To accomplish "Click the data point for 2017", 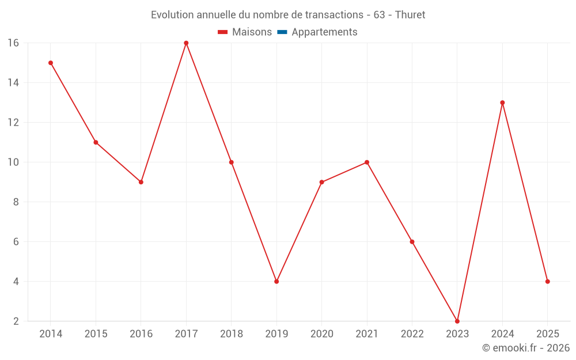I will coord(186,43).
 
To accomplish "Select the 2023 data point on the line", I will coord(457,321).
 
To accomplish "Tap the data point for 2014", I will coord(51,63).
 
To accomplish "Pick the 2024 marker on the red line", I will coord(502,103).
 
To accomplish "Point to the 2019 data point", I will coord(276,282).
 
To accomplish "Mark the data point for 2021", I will coord(367,162).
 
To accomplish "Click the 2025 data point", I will coord(548,282).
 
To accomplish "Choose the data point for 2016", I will coord(141,182).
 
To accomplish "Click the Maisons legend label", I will coord(252,32).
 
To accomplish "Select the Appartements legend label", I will coord(324,32).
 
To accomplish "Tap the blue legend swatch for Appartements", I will coord(282,32).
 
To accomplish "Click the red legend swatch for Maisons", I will coord(223,32).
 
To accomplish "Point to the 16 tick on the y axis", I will coord(13,43).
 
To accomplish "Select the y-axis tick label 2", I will coord(16,321).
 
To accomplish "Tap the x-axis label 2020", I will coord(322,334).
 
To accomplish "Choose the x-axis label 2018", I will coord(232,334).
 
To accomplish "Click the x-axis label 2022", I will coord(412,334).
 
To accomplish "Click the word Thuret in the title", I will coord(410,15).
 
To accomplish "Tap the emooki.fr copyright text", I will coord(526,348).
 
